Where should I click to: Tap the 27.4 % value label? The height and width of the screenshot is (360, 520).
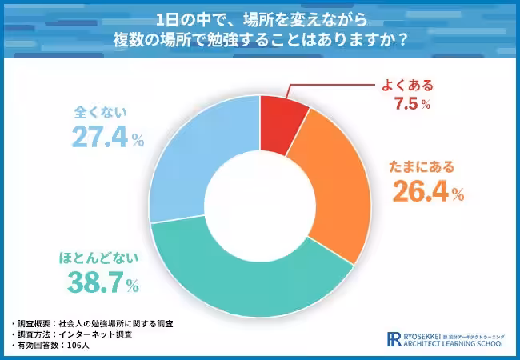[x=107, y=138]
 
